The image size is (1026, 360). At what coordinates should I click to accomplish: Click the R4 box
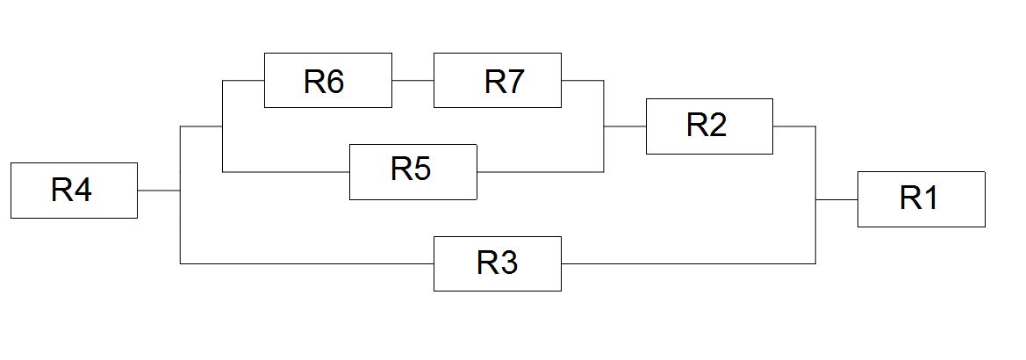click(x=74, y=191)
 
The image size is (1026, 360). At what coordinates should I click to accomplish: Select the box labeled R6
click(x=328, y=81)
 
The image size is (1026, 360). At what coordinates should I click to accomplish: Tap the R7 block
click(x=498, y=81)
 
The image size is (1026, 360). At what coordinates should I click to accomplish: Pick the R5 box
click(x=413, y=172)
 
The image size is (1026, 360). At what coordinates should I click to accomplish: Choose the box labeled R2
click(x=709, y=126)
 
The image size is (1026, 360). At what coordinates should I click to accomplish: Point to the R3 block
click(x=498, y=263)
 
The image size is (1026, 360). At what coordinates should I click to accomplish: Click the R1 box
click(x=922, y=199)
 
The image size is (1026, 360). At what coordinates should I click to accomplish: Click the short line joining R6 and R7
click(x=413, y=81)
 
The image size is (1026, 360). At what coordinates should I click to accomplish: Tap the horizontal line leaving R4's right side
click(x=159, y=191)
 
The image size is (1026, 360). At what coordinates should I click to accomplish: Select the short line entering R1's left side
click(x=837, y=199)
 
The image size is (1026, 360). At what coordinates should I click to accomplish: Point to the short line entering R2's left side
click(x=625, y=126)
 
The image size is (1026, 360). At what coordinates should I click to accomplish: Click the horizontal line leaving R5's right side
click(x=540, y=172)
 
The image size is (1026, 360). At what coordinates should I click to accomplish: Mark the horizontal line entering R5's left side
click(x=286, y=172)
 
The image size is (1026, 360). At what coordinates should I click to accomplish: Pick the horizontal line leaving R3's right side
click(x=688, y=263)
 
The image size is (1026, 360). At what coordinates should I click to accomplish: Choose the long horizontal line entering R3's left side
click(x=307, y=263)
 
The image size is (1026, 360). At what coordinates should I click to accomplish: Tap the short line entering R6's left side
click(x=243, y=81)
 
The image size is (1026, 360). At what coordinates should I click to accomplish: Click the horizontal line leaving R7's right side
click(x=583, y=81)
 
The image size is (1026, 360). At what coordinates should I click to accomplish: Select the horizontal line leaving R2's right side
click(x=794, y=126)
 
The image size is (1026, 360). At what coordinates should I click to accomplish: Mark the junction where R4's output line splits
click(x=181, y=191)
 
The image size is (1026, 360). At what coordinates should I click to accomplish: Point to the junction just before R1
click(x=815, y=199)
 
